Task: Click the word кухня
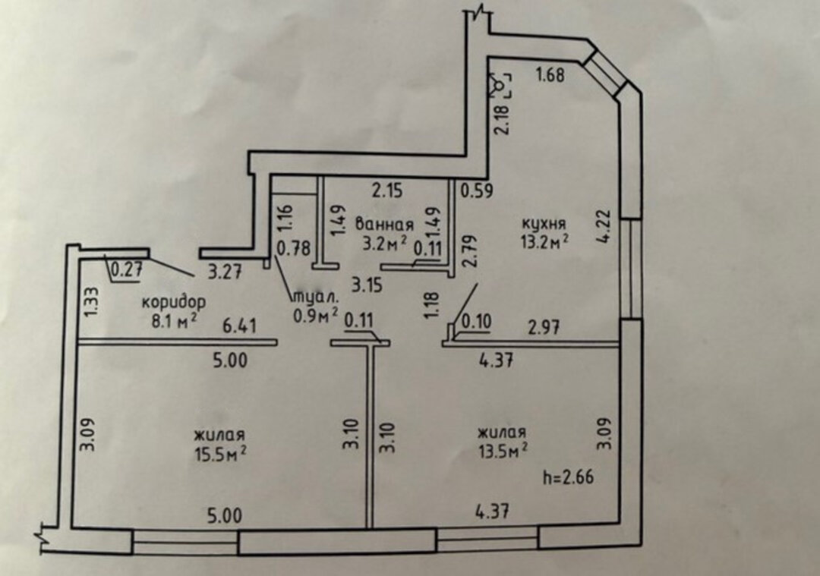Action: (544, 224)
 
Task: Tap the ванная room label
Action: (384, 225)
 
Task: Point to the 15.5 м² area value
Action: (220, 453)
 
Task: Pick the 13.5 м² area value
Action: (503, 452)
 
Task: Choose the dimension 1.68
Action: (552, 74)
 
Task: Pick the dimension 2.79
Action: (469, 251)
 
